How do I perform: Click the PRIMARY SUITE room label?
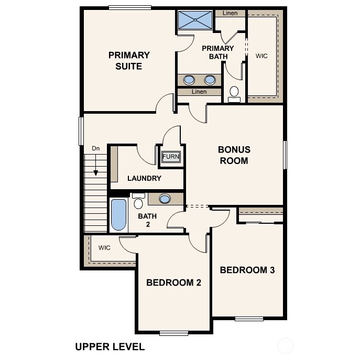(129, 60)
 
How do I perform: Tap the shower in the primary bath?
(195, 20)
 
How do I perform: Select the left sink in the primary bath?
(189, 80)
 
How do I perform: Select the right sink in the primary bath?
(210, 80)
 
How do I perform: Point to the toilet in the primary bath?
(234, 94)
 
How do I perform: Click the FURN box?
(170, 157)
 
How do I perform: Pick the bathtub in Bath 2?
(119, 214)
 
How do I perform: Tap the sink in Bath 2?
(165, 199)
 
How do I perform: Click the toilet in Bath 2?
(138, 201)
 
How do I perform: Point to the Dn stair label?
(96, 149)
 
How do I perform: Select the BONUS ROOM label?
(234, 155)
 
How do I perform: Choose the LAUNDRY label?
(144, 178)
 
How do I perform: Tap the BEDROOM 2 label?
(173, 283)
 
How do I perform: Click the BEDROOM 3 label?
(247, 270)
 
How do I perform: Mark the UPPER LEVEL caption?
(110, 346)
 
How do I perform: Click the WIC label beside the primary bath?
(261, 56)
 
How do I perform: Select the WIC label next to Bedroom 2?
(104, 248)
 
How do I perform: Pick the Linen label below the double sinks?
(199, 92)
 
